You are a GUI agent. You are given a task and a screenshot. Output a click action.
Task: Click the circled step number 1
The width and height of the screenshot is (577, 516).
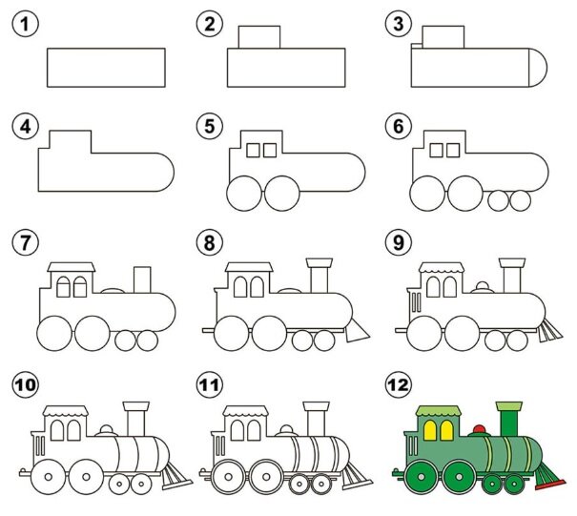(x=25, y=24)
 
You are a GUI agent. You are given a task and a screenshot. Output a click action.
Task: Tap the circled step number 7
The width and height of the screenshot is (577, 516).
(x=25, y=242)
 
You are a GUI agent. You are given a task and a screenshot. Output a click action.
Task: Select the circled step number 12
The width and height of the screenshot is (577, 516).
(x=398, y=385)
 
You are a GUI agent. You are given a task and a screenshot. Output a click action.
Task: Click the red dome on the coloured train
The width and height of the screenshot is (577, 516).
(x=479, y=429)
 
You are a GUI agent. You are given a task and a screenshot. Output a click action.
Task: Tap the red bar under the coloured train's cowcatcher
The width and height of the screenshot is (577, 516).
(x=550, y=485)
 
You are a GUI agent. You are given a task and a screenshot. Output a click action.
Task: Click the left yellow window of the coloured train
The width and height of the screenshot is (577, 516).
(x=430, y=430)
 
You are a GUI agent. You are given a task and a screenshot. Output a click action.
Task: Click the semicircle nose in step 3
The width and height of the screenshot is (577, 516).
(x=538, y=68)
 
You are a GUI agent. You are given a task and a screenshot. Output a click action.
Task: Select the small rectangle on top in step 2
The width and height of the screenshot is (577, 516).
(x=259, y=37)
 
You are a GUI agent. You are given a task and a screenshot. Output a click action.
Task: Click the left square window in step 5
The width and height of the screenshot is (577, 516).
(x=253, y=150)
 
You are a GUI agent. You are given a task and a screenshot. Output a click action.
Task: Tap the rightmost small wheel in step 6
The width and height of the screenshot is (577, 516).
(x=521, y=200)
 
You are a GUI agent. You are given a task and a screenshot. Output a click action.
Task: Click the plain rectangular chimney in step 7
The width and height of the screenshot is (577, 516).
(x=142, y=279)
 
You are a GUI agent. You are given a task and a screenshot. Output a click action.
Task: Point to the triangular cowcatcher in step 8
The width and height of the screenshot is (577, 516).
(x=356, y=331)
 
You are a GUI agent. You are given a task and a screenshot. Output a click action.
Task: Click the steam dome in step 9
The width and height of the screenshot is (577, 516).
(x=483, y=287)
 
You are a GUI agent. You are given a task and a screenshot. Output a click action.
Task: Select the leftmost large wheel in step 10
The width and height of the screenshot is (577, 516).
(x=48, y=477)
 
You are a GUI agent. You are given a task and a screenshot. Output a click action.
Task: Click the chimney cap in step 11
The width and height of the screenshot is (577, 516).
(x=316, y=406)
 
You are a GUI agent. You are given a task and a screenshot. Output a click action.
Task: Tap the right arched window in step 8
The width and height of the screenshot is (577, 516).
(x=257, y=287)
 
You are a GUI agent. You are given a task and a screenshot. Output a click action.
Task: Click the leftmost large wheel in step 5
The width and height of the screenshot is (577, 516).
(x=243, y=194)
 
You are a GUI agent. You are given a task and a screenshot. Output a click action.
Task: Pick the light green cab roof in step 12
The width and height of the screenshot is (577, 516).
(x=439, y=411)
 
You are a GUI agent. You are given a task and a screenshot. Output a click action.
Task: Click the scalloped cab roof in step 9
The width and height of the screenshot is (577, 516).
(x=442, y=268)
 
